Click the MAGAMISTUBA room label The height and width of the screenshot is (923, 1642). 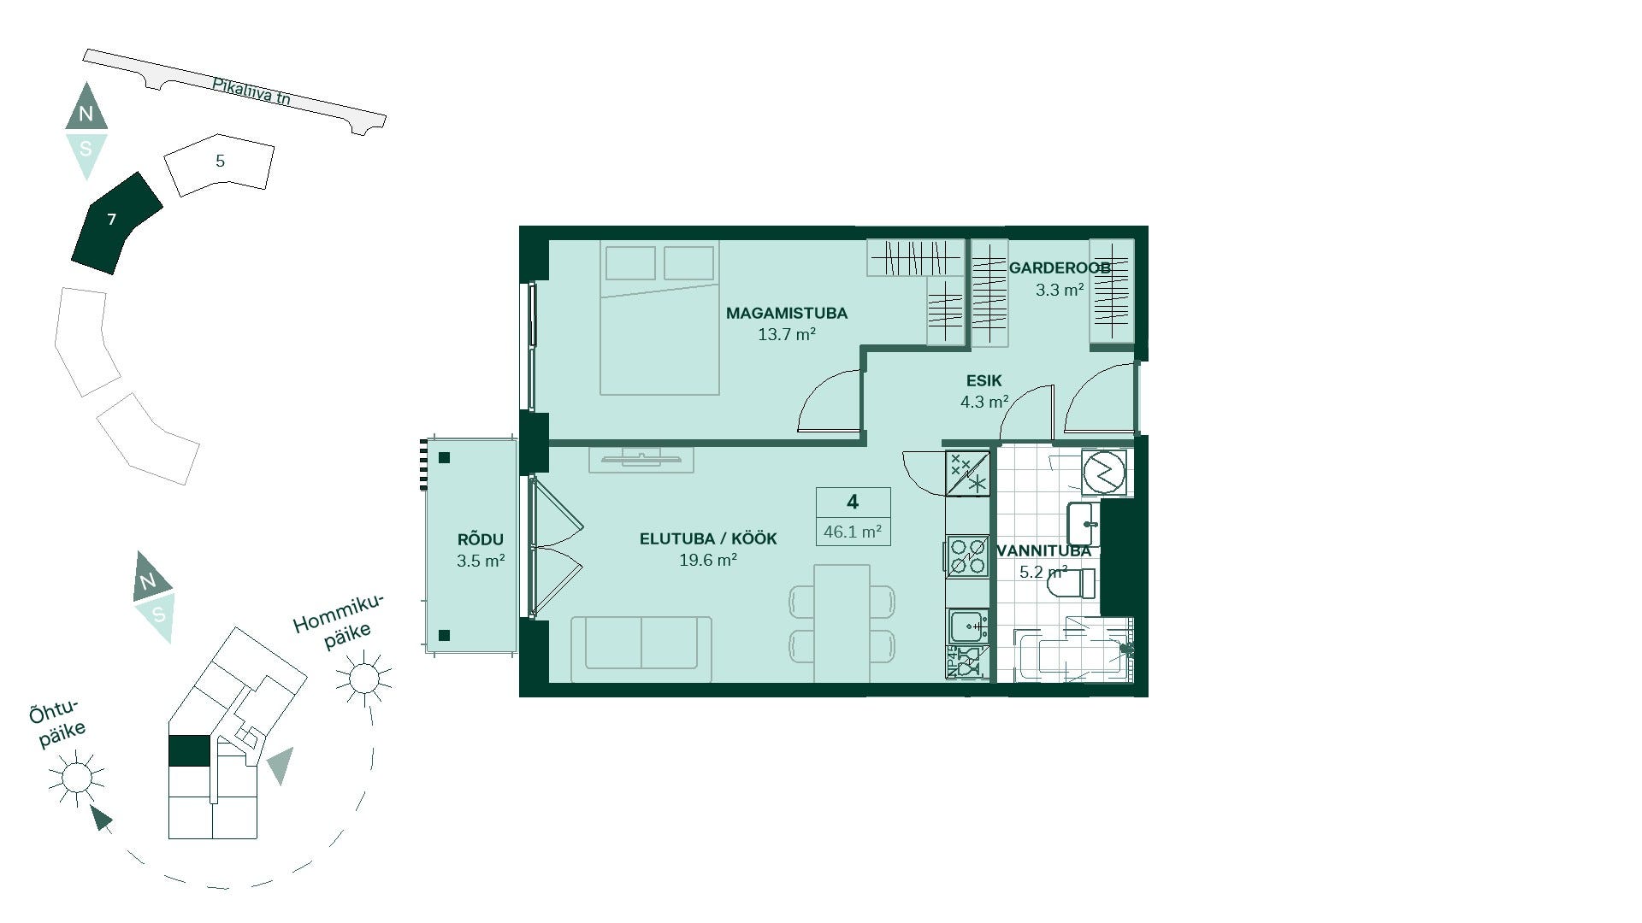pyautogui.click(x=787, y=314)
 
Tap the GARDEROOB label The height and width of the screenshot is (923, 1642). pyautogui.click(x=1060, y=268)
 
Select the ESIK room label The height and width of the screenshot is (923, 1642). pyautogui.click(x=984, y=381)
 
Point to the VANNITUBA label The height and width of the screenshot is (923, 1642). pyautogui.click(x=1044, y=551)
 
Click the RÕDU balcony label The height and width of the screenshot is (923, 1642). pyautogui.click(x=481, y=540)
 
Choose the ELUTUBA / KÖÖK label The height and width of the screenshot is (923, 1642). pyautogui.click(x=708, y=539)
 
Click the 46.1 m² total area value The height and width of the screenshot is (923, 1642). pyautogui.click(x=853, y=532)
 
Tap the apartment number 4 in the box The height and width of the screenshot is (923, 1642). pyautogui.click(x=853, y=502)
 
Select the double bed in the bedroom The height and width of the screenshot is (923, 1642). pyautogui.click(x=659, y=318)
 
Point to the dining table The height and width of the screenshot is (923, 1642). pyautogui.click(x=842, y=623)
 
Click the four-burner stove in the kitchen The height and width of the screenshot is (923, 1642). pyautogui.click(x=968, y=556)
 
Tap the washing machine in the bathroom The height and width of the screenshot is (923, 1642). pyautogui.click(x=1104, y=472)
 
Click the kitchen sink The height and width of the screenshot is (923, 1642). pyautogui.click(x=968, y=626)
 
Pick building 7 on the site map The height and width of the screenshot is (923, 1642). pyautogui.click(x=115, y=223)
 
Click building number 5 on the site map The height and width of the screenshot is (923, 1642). pyautogui.click(x=220, y=162)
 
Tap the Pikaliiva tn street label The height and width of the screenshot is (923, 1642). pyautogui.click(x=251, y=91)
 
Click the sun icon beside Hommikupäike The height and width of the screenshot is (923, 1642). pyautogui.click(x=363, y=679)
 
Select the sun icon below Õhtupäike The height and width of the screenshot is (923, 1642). pyautogui.click(x=76, y=778)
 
